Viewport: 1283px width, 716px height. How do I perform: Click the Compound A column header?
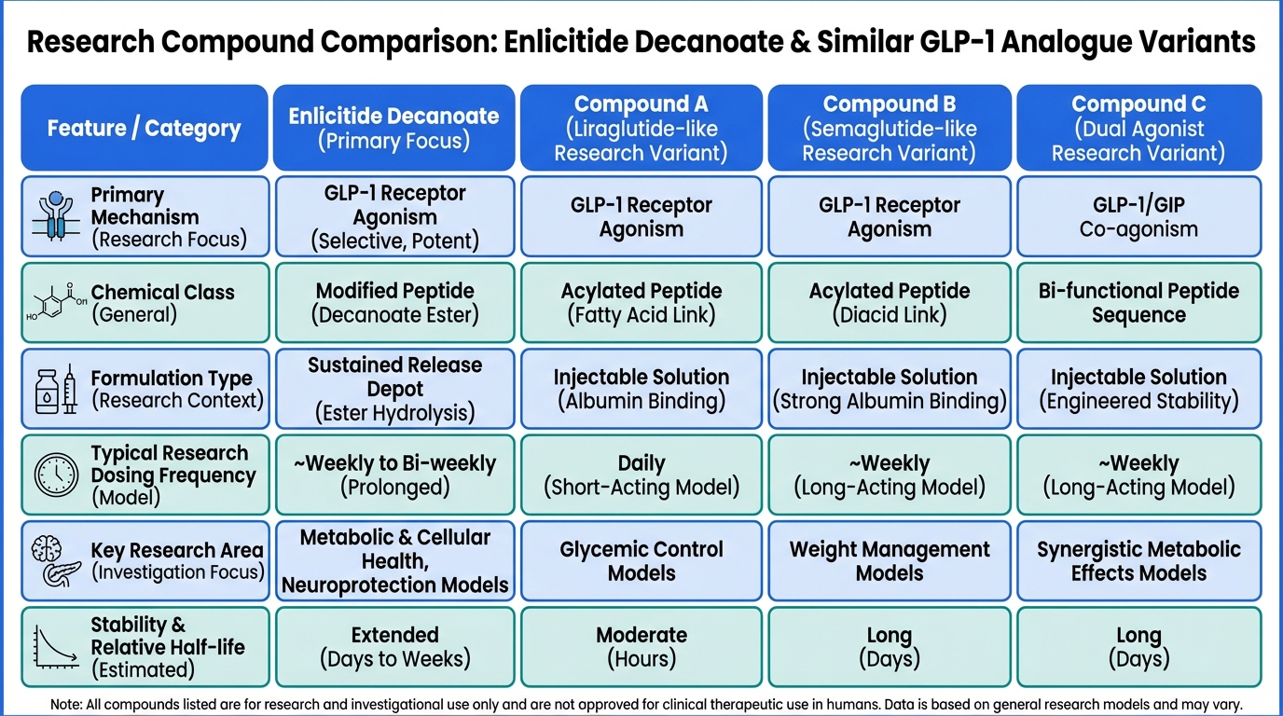641,128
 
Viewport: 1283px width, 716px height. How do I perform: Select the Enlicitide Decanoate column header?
393,128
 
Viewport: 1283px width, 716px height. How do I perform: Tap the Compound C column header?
1138,128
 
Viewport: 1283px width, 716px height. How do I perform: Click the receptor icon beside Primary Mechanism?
56,217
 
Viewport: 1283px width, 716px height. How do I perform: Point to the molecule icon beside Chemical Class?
56,304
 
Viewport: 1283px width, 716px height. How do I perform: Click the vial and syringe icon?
56,389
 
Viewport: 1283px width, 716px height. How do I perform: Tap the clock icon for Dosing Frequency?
56,475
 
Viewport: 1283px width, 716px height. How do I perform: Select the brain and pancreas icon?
56,561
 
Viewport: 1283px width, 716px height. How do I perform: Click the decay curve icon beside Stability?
56,647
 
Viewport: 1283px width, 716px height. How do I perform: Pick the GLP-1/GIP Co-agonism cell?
1138,217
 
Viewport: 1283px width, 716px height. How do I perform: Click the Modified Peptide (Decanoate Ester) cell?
393,303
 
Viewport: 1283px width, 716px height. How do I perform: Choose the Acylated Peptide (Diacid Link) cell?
890,303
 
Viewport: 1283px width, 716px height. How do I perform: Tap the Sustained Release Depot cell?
393,389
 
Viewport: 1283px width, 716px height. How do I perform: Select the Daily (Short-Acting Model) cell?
641,475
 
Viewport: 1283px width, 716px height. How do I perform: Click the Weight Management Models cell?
890,560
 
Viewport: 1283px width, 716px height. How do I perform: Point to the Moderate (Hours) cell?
641,647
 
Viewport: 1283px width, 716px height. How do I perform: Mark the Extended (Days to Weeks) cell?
393,647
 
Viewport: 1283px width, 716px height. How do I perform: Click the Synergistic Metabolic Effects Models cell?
1138,560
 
